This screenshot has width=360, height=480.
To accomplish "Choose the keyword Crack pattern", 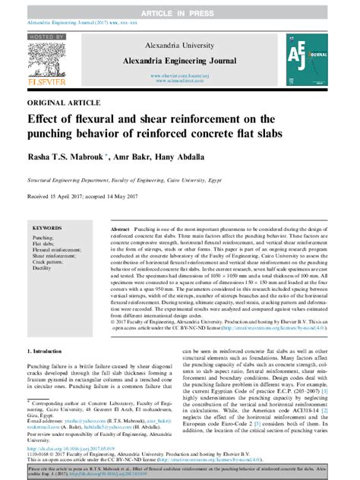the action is pos(50,262).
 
